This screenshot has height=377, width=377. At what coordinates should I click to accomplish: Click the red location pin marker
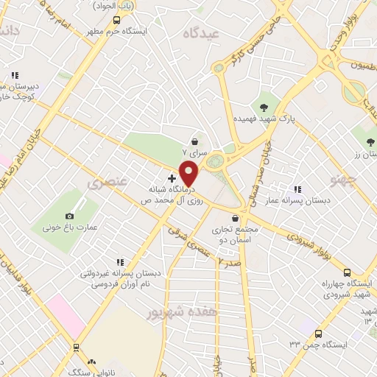coord(190,175)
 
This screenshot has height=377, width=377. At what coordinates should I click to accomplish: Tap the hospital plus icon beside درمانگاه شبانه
coord(172,178)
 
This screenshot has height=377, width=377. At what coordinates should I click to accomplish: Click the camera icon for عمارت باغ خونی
coord(69,216)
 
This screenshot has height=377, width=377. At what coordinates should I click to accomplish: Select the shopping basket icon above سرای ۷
coord(194,142)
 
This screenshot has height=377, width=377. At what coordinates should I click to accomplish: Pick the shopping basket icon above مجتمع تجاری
coord(235,218)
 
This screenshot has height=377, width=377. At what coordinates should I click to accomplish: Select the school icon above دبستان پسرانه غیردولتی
coord(119,261)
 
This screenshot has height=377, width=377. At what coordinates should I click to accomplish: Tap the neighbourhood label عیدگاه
coord(204,33)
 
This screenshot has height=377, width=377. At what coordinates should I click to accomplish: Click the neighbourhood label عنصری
coord(108,181)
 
